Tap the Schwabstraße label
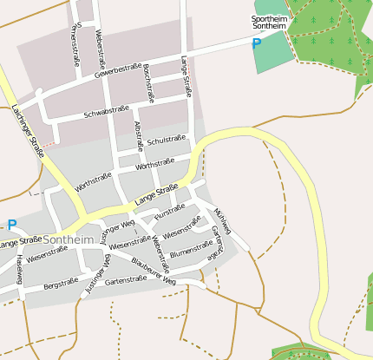106,113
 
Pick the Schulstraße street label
167,140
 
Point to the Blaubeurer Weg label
154,270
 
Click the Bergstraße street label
61,283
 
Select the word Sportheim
268,18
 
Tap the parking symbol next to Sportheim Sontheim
257,42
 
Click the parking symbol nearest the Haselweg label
12,224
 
